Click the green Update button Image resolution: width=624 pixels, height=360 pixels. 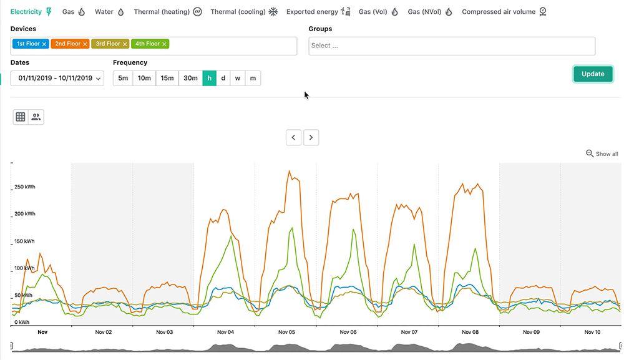click(x=593, y=74)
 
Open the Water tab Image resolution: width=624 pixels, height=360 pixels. click(x=109, y=12)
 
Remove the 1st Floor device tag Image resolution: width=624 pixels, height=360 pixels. click(x=44, y=44)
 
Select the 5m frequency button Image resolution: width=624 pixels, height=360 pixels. click(x=123, y=78)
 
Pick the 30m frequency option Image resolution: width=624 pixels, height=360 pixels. click(x=190, y=78)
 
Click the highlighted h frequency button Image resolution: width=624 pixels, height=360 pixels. click(x=209, y=78)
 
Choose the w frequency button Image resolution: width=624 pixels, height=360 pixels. click(x=238, y=78)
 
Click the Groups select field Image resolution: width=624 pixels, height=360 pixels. click(x=452, y=46)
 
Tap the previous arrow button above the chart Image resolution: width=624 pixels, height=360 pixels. click(x=294, y=137)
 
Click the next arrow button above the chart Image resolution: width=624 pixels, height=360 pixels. click(x=311, y=137)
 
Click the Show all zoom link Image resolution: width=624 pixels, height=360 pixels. click(x=602, y=153)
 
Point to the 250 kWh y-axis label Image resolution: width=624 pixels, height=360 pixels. click(x=25, y=187)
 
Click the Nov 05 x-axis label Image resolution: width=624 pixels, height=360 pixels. click(x=287, y=333)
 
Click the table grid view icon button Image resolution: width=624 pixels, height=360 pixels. click(x=21, y=117)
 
